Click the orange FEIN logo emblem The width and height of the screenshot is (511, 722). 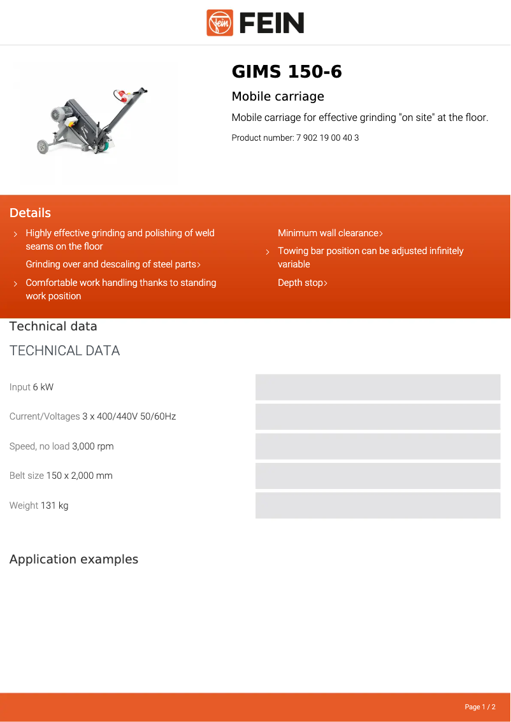point(220,23)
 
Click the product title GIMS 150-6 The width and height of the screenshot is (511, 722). point(287,72)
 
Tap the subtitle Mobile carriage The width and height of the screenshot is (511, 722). point(278,97)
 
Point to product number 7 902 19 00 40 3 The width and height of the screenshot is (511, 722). point(327,138)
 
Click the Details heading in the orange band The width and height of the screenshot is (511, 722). point(30,213)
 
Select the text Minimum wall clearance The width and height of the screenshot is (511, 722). point(328,233)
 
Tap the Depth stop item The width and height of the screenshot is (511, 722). point(301,283)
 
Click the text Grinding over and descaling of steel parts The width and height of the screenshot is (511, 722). point(111,264)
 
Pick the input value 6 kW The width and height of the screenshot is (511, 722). point(43,387)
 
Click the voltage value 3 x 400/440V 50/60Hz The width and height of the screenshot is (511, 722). point(129,416)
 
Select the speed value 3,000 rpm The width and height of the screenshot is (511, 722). point(93,446)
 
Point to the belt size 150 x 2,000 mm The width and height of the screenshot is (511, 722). point(80,476)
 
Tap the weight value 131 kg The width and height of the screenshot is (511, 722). point(55,506)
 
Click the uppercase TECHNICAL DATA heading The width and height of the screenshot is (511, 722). point(65,351)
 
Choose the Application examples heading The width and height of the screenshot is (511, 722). point(74,560)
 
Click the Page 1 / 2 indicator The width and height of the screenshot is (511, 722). point(480,707)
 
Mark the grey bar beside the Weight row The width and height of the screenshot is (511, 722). point(378,506)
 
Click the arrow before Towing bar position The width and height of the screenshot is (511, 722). point(268,252)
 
